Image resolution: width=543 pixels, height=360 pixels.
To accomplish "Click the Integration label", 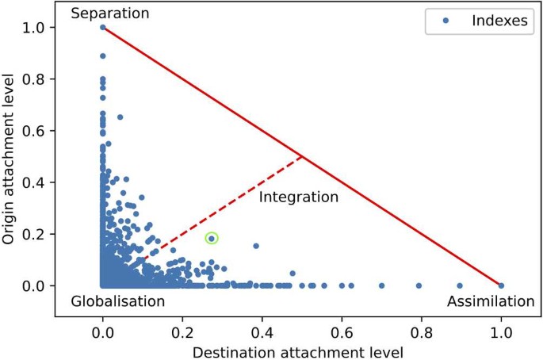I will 299,197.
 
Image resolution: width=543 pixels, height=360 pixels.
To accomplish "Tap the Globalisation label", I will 118,301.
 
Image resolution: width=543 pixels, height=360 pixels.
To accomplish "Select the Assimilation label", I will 491,301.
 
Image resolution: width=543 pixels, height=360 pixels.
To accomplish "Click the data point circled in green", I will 212,238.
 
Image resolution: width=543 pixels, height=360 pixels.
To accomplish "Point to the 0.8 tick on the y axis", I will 55,79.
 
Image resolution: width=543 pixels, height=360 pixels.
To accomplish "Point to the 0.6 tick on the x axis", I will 342,315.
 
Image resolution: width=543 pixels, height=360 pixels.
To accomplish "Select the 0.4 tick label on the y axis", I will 40,182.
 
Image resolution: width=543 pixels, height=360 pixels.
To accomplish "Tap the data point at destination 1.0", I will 501,285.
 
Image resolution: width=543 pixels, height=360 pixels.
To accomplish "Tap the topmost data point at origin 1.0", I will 103,27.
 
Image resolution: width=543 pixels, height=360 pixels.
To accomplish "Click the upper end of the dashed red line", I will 302,156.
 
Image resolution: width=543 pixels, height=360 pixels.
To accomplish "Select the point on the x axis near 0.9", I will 460,285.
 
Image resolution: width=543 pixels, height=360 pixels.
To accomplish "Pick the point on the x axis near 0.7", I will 381,285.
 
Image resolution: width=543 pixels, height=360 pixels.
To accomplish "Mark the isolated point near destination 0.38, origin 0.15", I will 256,246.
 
